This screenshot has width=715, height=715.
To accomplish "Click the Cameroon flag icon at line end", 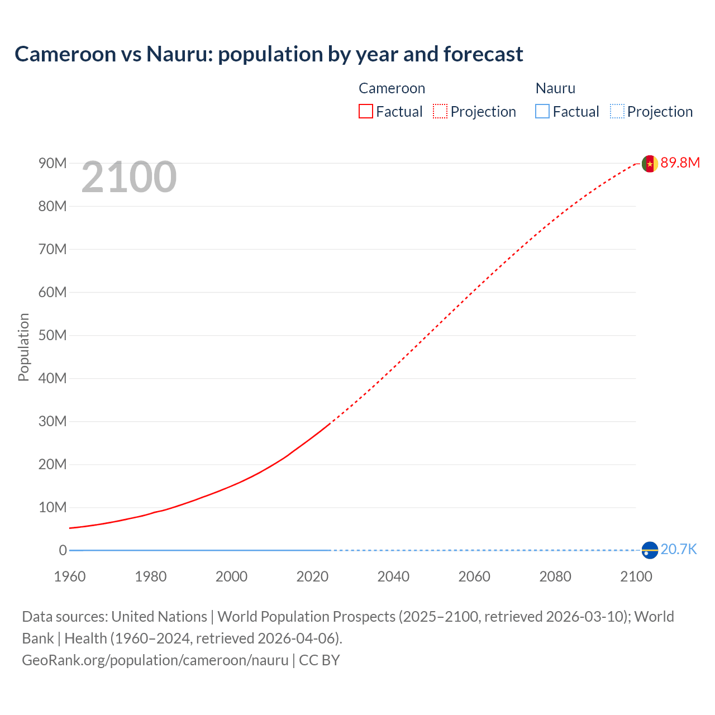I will (650, 164).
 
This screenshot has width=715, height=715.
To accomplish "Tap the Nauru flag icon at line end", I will (650, 550).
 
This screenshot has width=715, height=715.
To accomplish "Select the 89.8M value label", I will (680, 163).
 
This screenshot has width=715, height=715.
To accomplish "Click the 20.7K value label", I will (679, 550).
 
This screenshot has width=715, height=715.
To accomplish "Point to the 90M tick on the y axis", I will (53, 163).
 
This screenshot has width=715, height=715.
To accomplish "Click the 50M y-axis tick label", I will (53, 335).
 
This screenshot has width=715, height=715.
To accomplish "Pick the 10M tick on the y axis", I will (53, 507).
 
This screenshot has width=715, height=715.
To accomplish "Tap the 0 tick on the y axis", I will (63, 550).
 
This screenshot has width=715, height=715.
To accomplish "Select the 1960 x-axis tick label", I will (70, 576).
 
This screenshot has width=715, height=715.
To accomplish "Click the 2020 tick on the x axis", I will (312, 576).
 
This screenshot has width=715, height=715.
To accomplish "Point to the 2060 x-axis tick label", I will (474, 576).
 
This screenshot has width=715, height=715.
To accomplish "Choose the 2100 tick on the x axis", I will (636, 576).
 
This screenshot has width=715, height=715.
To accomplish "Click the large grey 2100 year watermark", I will (129, 178).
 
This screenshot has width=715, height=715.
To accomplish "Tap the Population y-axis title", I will (23, 347).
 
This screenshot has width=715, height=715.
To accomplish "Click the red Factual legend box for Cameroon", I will (366, 112).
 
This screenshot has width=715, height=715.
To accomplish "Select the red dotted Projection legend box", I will (440, 112).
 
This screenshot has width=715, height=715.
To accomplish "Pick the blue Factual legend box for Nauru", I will (542, 112).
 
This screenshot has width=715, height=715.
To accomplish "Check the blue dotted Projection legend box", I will (617, 112).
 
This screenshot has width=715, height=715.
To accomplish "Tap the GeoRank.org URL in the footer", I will (155, 660).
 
